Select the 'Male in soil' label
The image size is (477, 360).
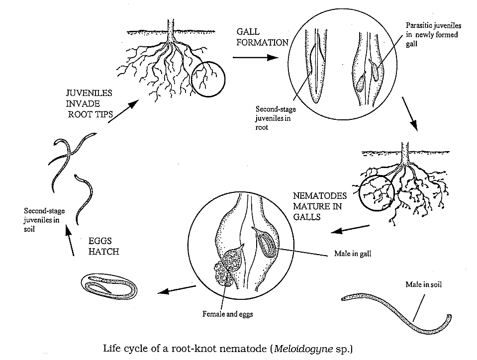pos(423,284)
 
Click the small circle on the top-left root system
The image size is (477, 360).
pos(209,78)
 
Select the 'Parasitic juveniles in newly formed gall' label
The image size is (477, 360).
pos(432,35)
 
